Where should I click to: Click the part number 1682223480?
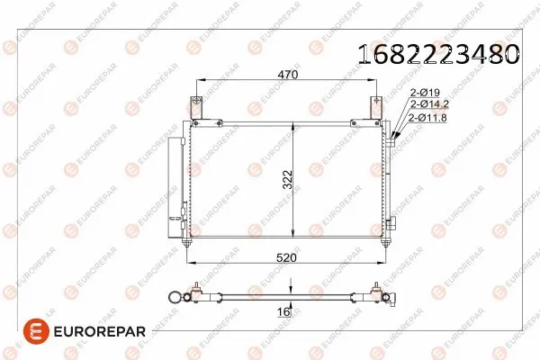[438, 54]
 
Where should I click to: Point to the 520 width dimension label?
[286, 257]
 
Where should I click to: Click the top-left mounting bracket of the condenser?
[199, 107]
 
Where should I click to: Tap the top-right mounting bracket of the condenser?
[374, 107]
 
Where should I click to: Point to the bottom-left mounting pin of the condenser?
[186, 240]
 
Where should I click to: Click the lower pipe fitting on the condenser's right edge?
[392, 220]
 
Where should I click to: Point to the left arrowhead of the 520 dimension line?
[190, 263]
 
